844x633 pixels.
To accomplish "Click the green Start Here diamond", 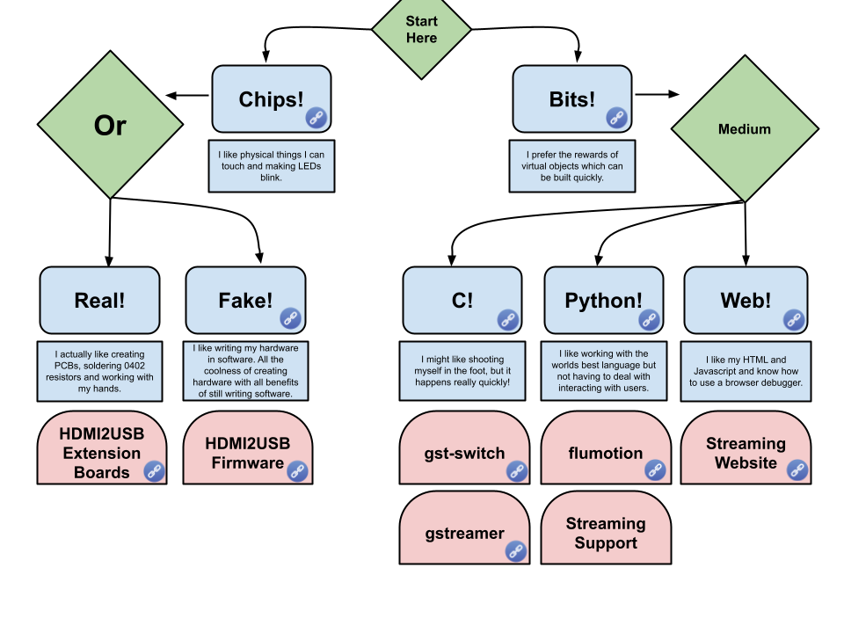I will click(x=421, y=30).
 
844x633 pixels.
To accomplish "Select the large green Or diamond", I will click(x=110, y=125).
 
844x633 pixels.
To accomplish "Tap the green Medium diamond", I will click(x=744, y=129).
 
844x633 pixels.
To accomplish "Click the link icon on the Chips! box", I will click(x=316, y=118).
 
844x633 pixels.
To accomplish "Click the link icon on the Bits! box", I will click(x=617, y=118).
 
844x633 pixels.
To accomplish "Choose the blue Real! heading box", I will click(x=99, y=300).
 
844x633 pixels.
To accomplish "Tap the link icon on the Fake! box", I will click(x=291, y=318).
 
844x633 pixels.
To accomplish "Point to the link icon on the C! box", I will click(x=507, y=319).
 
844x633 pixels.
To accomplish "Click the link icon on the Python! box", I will click(x=649, y=319).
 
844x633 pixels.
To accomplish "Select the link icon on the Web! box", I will click(x=793, y=319).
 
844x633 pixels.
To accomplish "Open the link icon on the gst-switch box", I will click(x=516, y=470).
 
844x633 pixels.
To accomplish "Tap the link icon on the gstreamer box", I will click(x=516, y=550).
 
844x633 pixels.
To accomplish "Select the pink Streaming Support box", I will click(x=605, y=533).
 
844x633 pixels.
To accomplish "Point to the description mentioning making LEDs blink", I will click(x=271, y=166).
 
